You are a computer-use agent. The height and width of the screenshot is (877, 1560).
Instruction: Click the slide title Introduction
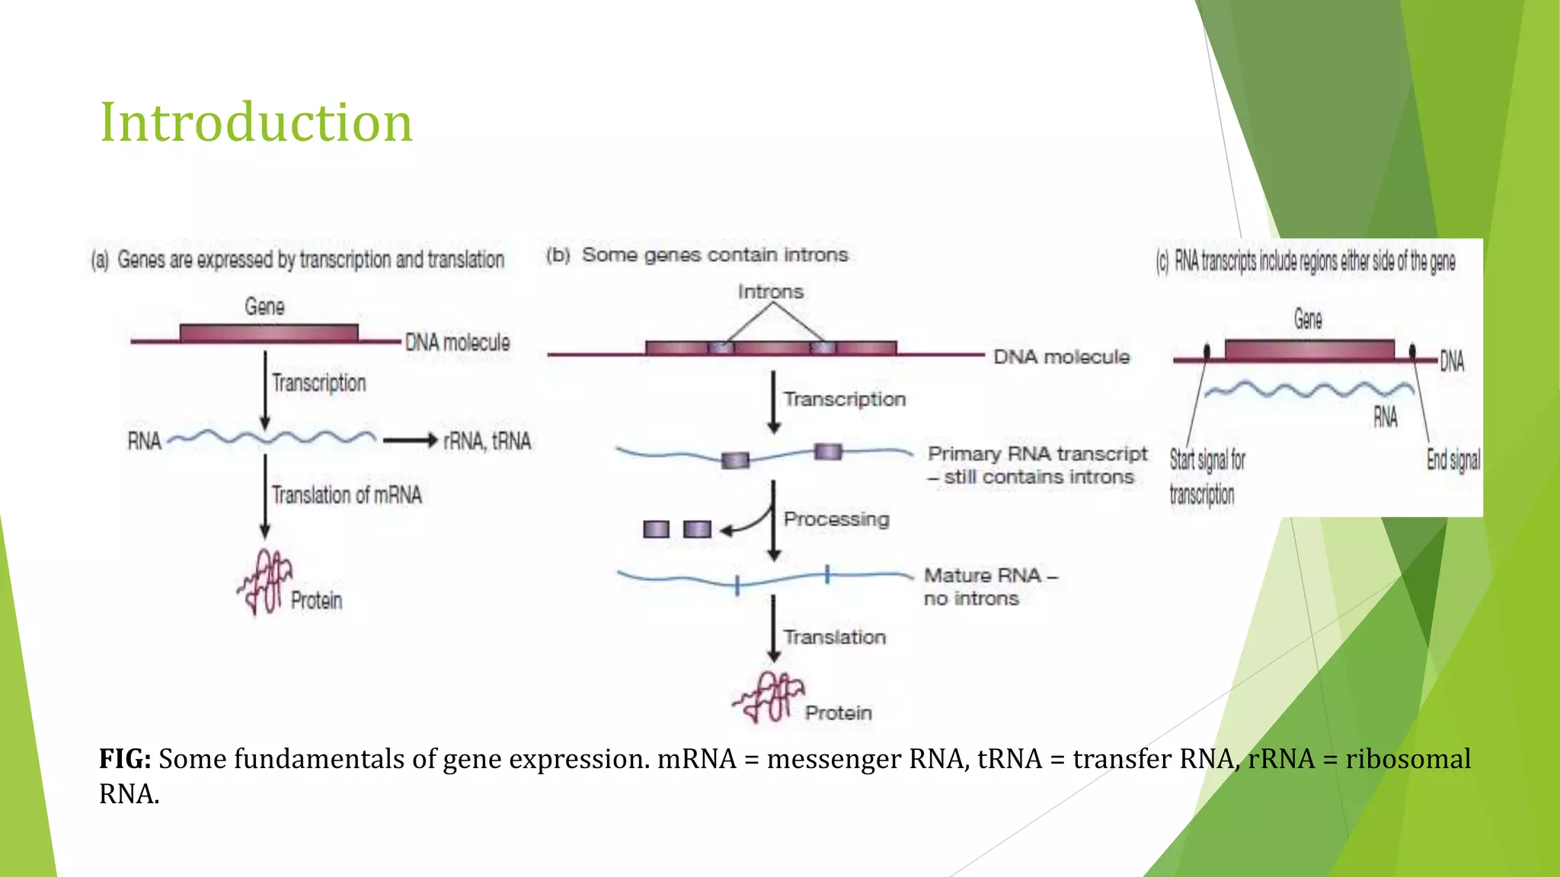click(x=256, y=123)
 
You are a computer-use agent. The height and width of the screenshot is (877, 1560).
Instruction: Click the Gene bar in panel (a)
click(x=268, y=333)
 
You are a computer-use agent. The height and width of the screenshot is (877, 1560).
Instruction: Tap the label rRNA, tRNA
click(x=487, y=442)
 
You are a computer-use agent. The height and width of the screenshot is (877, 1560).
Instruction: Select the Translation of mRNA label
click(x=347, y=496)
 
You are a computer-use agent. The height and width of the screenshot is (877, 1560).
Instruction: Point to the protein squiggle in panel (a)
click(x=264, y=583)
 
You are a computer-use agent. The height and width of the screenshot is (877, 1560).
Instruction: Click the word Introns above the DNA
click(x=770, y=292)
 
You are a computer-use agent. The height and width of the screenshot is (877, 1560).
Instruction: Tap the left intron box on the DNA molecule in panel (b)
click(x=721, y=349)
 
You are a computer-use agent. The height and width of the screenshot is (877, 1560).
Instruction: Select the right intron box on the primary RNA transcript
click(x=827, y=452)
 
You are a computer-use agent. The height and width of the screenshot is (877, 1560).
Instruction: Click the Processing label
click(x=836, y=519)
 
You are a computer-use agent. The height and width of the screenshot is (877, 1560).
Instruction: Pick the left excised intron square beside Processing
click(x=656, y=529)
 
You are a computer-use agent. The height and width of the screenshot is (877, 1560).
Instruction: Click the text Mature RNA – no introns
click(x=989, y=587)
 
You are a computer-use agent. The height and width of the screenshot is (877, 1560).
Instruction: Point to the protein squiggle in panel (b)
click(x=768, y=697)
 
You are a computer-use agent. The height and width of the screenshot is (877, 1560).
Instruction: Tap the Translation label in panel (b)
click(x=835, y=637)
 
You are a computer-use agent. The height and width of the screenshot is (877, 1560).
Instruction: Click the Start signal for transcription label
click(x=1206, y=477)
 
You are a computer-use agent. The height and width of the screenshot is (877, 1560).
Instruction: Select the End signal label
click(x=1453, y=460)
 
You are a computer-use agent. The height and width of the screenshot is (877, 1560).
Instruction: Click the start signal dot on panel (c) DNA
click(x=1207, y=352)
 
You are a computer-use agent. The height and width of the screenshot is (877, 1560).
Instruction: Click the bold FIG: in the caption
click(x=125, y=759)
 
